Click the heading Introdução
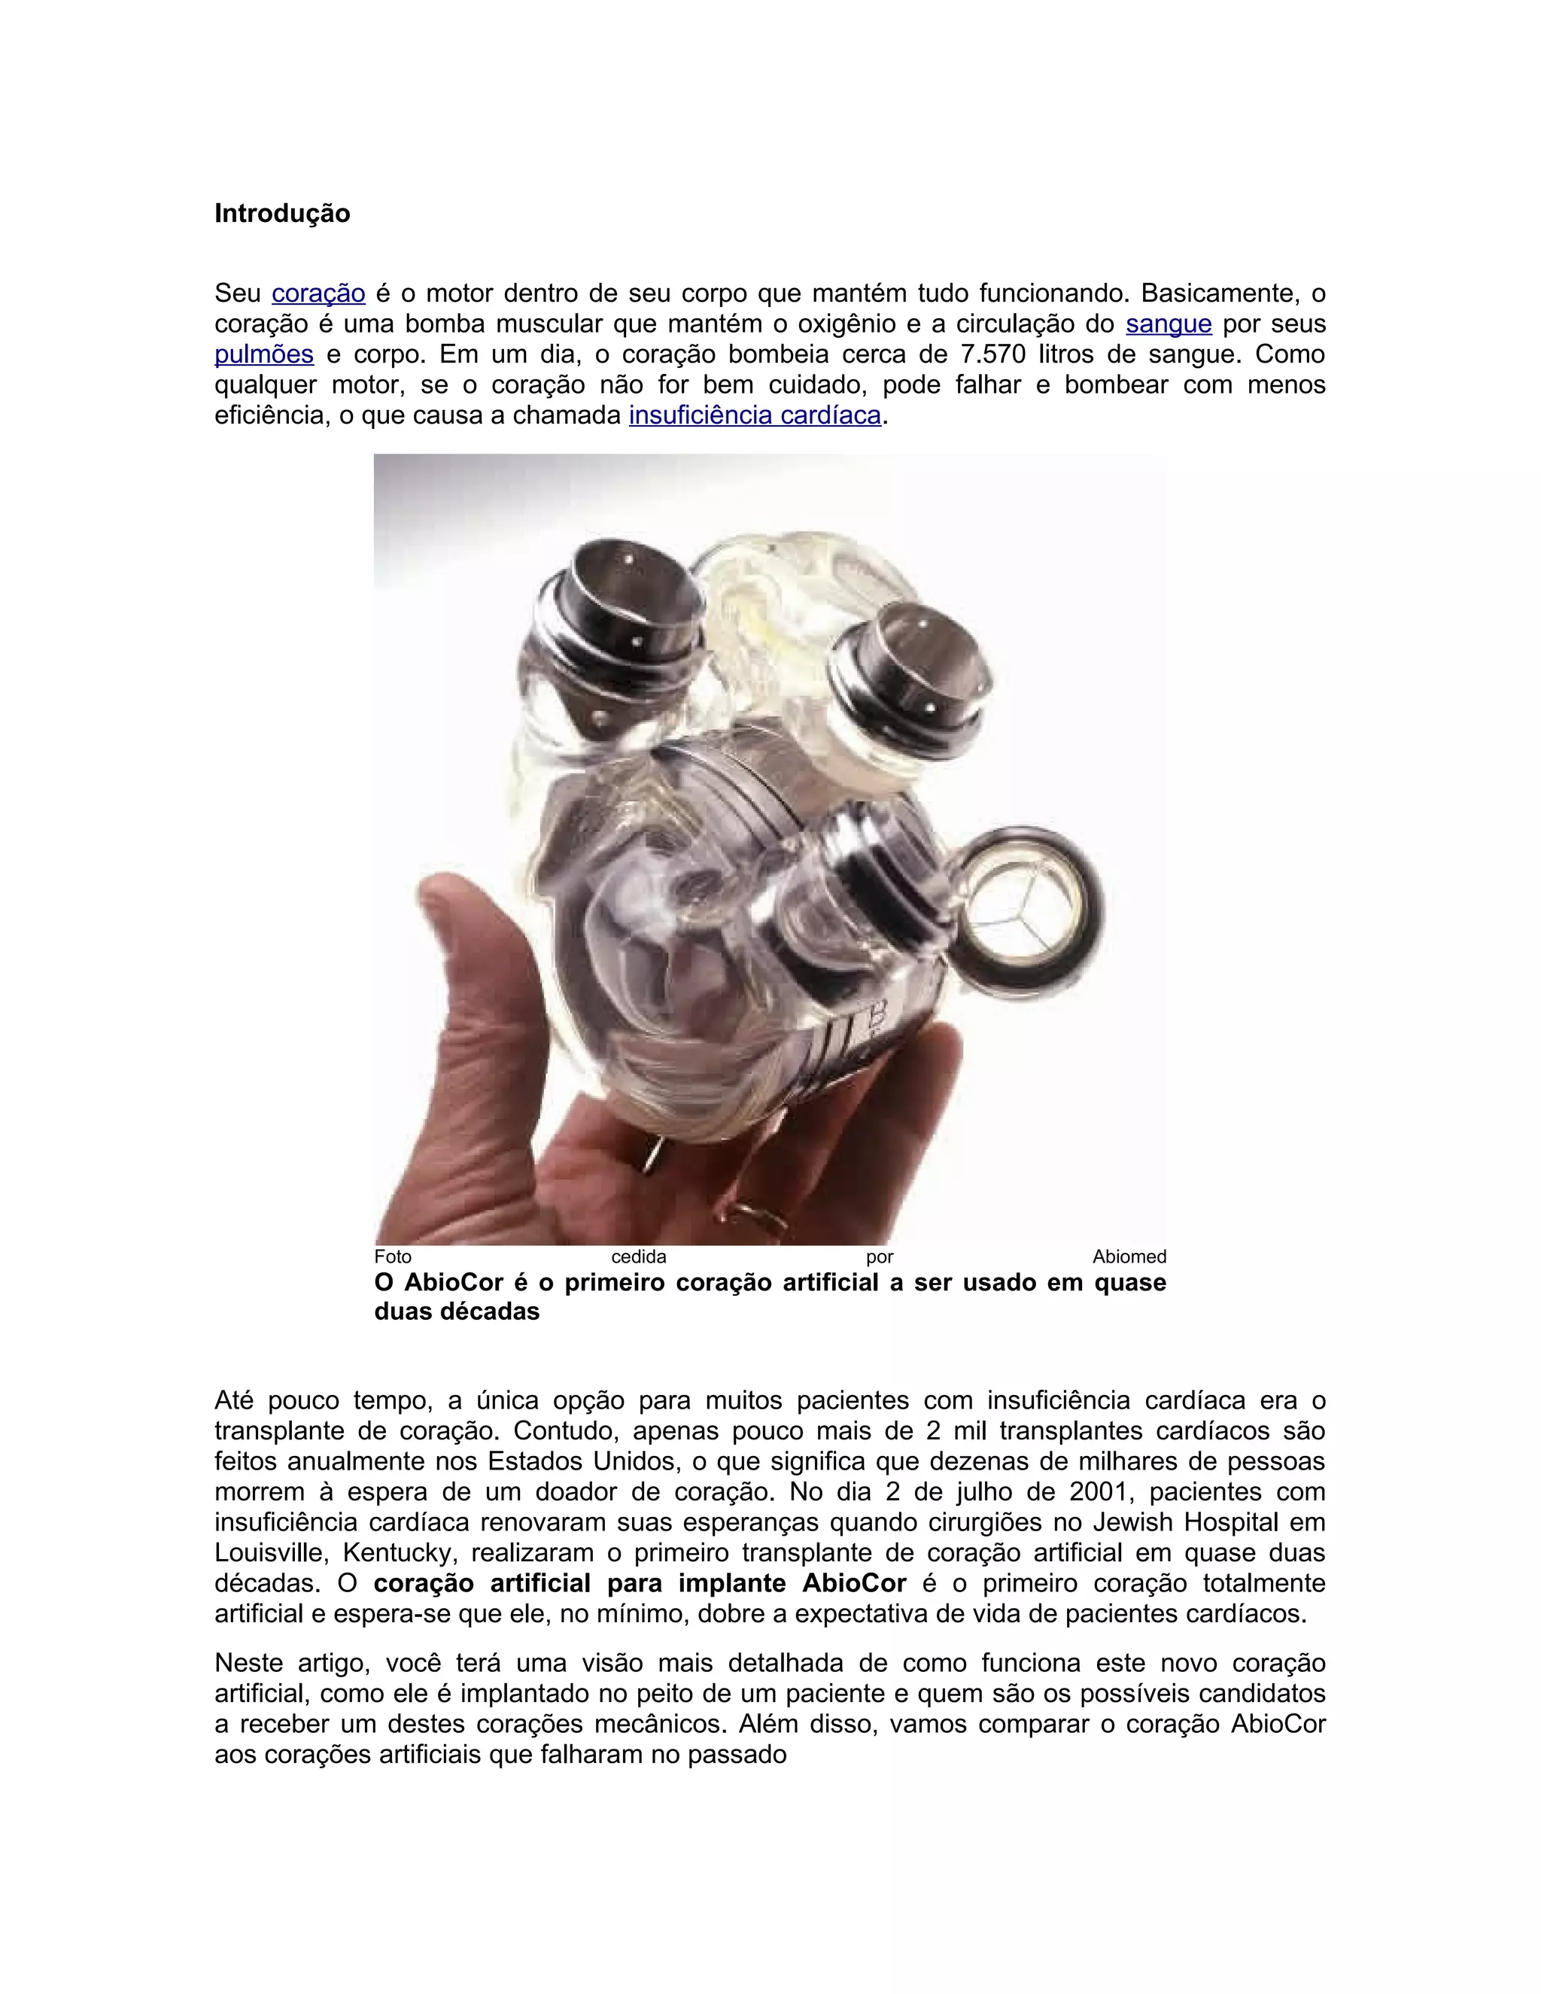pos(282,214)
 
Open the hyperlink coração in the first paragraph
pos(318,294)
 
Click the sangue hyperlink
pos(1169,324)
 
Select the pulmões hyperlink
pos(264,354)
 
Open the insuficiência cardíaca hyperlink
pos(755,415)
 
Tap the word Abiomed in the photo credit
pos(1129,1257)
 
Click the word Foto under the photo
pos(393,1257)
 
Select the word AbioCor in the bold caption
pos(454,1283)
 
